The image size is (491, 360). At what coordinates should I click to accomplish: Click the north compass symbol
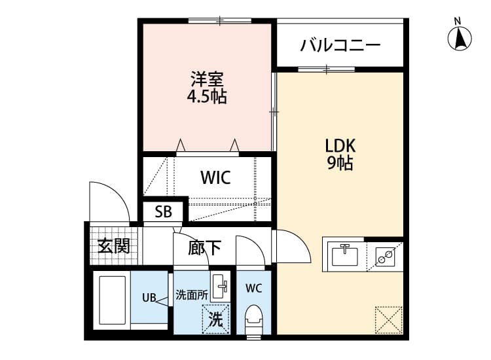click(x=461, y=37)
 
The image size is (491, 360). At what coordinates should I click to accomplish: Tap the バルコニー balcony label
click(x=340, y=45)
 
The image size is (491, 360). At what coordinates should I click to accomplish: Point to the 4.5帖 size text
click(x=208, y=98)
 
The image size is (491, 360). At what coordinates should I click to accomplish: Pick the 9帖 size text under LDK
click(x=340, y=164)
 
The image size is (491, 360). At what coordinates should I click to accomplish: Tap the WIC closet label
click(x=215, y=178)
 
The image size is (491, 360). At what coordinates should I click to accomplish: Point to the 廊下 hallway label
click(x=204, y=247)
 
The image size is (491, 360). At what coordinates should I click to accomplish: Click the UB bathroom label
click(x=149, y=298)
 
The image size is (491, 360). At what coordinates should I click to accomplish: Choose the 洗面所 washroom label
click(x=191, y=295)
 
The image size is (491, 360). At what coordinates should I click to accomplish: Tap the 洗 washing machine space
click(x=215, y=320)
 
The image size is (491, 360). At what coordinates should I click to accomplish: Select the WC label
click(x=254, y=288)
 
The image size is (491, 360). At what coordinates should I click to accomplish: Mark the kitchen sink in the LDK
click(x=343, y=255)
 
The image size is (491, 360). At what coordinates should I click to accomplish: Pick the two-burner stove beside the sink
click(x=384, y=255)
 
